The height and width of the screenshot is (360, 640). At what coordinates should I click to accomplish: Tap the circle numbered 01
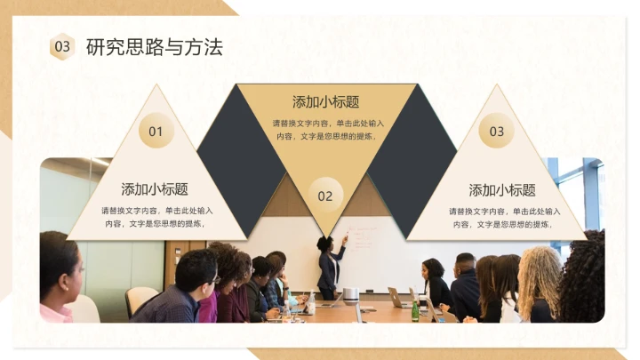point(156,132)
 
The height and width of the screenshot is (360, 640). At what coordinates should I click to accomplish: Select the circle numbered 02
point(324,196)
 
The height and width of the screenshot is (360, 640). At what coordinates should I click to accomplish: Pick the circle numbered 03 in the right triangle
point(496,132)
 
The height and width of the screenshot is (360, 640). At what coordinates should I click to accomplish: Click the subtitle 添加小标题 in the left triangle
point(155,189)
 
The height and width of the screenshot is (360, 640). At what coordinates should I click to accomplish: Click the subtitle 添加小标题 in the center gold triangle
point(325,102)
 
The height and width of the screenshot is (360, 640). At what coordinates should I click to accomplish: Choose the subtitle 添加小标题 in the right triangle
point(502,190)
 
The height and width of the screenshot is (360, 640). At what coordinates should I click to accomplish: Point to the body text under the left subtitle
point(156,217)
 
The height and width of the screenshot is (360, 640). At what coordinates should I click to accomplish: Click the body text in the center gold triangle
point(325,130)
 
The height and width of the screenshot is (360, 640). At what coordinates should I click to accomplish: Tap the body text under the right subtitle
point(503,217)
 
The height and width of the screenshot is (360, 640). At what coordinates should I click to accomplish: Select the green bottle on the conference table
point(414,309)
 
